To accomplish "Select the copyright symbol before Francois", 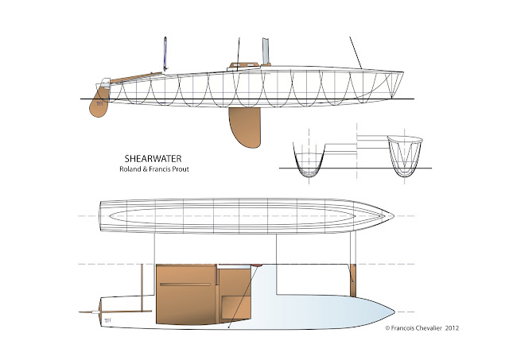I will pyautogui.click(x=387, y=327).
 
